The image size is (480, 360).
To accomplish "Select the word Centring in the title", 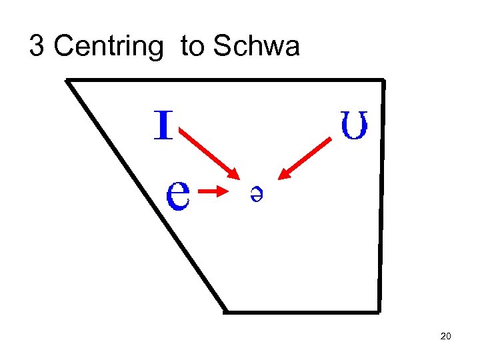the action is coord(108,47).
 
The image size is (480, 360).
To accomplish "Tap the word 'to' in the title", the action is coord(192,47).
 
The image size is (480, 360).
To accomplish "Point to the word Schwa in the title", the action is coord(256,47).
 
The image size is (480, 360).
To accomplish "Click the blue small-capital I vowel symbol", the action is coord(163,125).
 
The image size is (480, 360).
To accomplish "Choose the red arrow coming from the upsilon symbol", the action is coord(305,157).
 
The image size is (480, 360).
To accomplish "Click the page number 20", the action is coord(446,336).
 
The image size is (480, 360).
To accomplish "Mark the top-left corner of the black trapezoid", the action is coord(67,81).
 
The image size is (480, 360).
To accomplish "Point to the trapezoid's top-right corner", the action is coord(384,81).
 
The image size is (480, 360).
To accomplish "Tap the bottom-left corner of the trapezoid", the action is coord(225,311).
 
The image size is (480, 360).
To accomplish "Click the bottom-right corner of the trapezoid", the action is coord(379,311).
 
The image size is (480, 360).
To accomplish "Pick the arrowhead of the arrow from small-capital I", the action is coord(234,174).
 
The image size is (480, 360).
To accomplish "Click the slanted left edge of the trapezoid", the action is coord(147,197).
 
